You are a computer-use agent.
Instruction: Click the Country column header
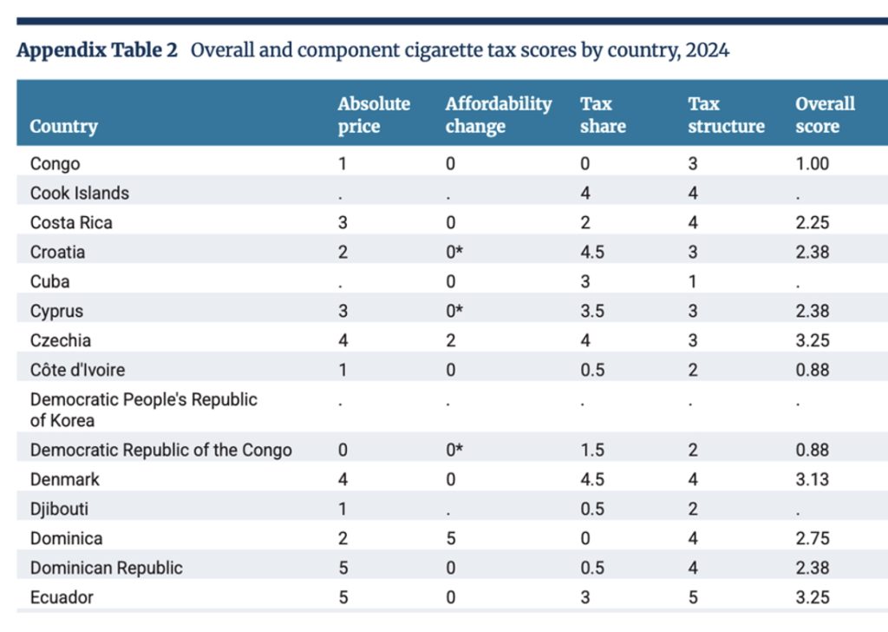[63, 126]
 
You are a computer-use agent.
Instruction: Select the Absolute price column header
[374, 115]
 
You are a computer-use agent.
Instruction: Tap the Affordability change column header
[498, 115]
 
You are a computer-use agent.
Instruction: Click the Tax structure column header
[726, 115]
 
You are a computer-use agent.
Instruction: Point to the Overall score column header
[825, 115]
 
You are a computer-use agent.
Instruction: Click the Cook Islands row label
[79, 193]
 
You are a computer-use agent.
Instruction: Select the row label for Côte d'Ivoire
[77, 370]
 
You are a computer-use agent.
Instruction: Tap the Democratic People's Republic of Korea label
[143, 410]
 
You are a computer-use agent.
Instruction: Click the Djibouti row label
[59, 509]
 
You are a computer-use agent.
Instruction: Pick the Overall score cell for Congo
[813, 163]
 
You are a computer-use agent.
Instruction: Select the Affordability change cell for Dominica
[450, 538]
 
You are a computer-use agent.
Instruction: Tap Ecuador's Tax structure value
[693, 597]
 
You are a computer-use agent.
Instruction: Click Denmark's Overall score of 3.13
[813, 479]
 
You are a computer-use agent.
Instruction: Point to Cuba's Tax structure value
[692, 281]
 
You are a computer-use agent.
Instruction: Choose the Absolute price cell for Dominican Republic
[343, 568]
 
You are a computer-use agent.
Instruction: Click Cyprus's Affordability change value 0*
[454, 311]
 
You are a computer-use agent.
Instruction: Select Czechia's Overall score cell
[813, 340]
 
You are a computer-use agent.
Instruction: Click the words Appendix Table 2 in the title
[97, 49]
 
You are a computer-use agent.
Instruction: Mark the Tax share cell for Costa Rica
[585, 222]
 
